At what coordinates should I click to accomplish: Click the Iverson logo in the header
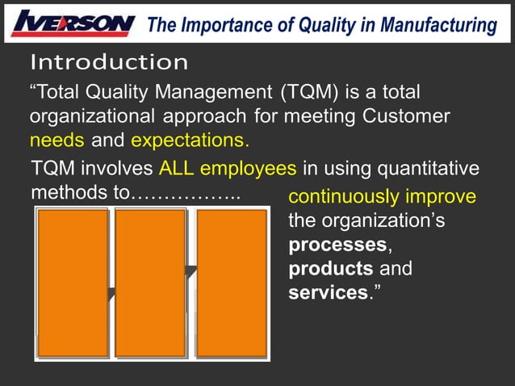pos(73,23)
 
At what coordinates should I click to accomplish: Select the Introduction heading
pos(109,62)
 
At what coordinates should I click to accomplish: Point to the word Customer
pos(408,116)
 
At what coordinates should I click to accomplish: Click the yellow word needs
pos(57,141)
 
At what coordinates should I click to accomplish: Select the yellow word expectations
pos(190,141)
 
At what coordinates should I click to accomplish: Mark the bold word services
pos(328,292)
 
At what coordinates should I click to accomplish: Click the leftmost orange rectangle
pos(73,283)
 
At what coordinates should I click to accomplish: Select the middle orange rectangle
pos(151,283)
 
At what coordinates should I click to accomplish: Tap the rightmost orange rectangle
pos(232,283)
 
